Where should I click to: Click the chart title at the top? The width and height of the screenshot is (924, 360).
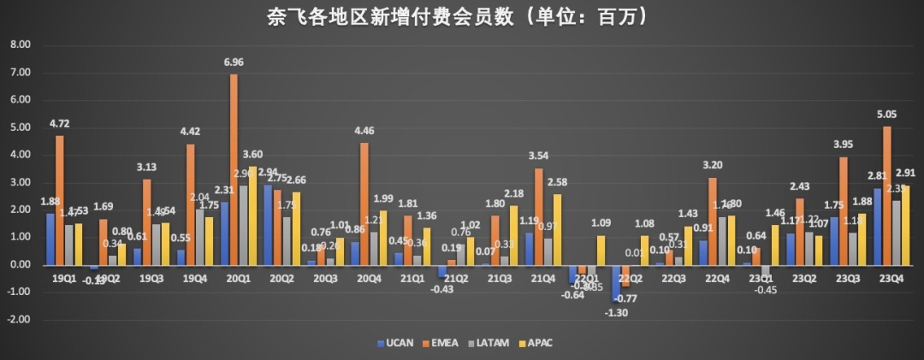pos(461,16)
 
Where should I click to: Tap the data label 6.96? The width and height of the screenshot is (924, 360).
pos(234,63)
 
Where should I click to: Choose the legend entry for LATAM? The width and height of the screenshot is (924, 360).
pos(491,343)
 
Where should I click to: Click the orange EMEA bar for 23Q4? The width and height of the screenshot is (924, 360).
pos(887,196)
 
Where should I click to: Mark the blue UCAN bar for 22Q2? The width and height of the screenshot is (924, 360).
pos(614,282)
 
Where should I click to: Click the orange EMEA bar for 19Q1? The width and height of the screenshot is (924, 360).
pos(59,200)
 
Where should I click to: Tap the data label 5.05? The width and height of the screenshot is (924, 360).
pos(886,115)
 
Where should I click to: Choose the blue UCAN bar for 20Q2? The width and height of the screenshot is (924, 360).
pos(267,225)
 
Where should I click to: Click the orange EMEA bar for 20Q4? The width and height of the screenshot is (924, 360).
pos(364,204)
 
